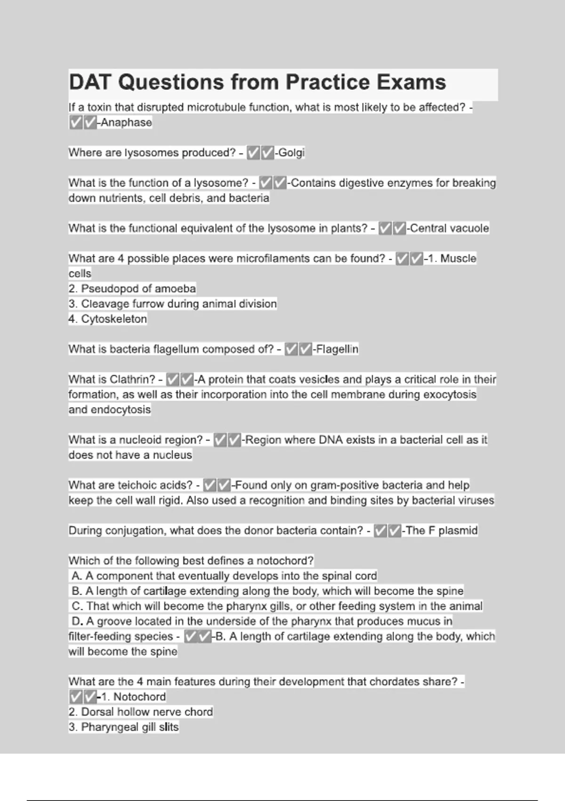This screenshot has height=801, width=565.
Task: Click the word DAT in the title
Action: click(90, 82)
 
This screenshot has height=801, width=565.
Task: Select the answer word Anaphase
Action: click(126, 123)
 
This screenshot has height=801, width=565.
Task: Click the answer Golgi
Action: click(291, 153)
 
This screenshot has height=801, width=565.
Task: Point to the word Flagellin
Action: click(337, 349)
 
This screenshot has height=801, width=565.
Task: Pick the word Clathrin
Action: click(132, 379)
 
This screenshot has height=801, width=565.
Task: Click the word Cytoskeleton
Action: click(114, 319)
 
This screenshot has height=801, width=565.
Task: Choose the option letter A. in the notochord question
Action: click(77, 576)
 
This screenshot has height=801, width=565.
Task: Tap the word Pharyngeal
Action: click(110, 727)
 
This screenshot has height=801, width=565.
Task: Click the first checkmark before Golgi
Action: click(254, 153)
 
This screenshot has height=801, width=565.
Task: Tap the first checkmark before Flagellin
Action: click(291, 349)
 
